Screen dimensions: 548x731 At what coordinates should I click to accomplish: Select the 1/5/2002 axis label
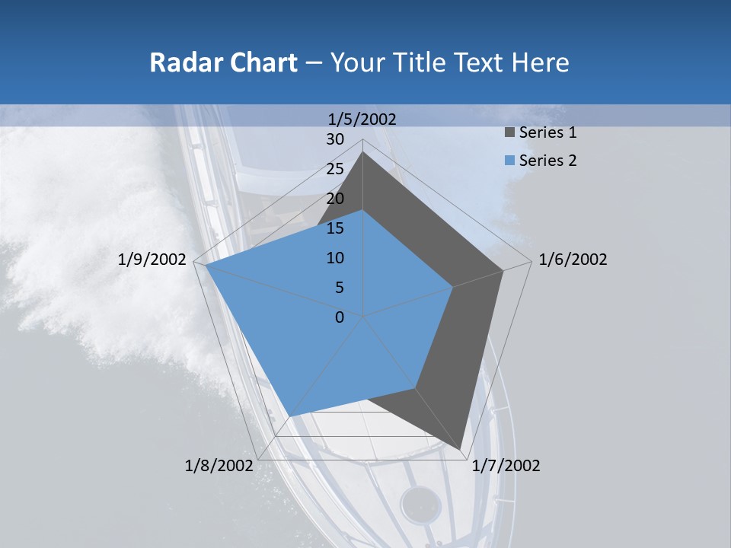[x=362, y=119]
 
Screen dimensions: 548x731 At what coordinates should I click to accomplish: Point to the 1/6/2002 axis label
[x=573, y=260]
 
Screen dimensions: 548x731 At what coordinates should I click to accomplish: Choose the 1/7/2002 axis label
[x=506, y=466]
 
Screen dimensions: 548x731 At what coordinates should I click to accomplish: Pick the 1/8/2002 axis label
[x=219, y=466]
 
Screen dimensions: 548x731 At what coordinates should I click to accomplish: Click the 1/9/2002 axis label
[x=152, y=260]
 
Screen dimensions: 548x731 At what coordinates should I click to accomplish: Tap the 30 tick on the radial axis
[x=335, y=139]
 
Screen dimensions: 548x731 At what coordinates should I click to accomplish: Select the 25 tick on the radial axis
[x=335, y=169]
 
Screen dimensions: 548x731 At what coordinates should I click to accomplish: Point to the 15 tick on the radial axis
[x=335, y=228]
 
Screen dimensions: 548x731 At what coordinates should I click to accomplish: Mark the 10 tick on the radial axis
[x=335, y=258]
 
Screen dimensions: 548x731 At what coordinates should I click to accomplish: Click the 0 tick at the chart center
[x=340, y=317]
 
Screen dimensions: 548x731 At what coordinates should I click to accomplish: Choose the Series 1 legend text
[x=547, y=132]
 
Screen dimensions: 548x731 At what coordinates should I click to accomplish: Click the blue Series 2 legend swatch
[x=509, y=161]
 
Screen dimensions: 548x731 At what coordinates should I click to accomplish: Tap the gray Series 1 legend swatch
[x=509, y=132]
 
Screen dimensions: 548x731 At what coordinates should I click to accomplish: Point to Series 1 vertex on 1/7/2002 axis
[x=461, y=449]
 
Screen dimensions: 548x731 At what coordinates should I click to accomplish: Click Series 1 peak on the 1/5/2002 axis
[x=362, y=152]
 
